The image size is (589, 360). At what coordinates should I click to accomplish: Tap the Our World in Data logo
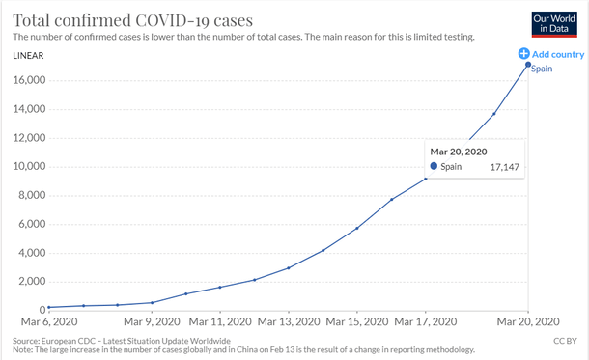(x=554, y=23)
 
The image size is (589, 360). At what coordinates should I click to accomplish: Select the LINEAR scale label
(x=30, y=55)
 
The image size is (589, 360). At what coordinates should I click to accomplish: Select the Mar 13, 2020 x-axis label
(x=289, y=321)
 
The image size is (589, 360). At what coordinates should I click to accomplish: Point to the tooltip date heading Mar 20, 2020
(x=459, y=151)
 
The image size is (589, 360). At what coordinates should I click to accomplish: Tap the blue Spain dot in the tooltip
(x=434, y=167)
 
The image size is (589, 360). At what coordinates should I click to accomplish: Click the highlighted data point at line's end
(x=527, y=65)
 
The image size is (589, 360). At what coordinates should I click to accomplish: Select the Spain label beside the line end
(x=542, y=70)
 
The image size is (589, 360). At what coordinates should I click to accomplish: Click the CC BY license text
(x=565, y=342)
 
